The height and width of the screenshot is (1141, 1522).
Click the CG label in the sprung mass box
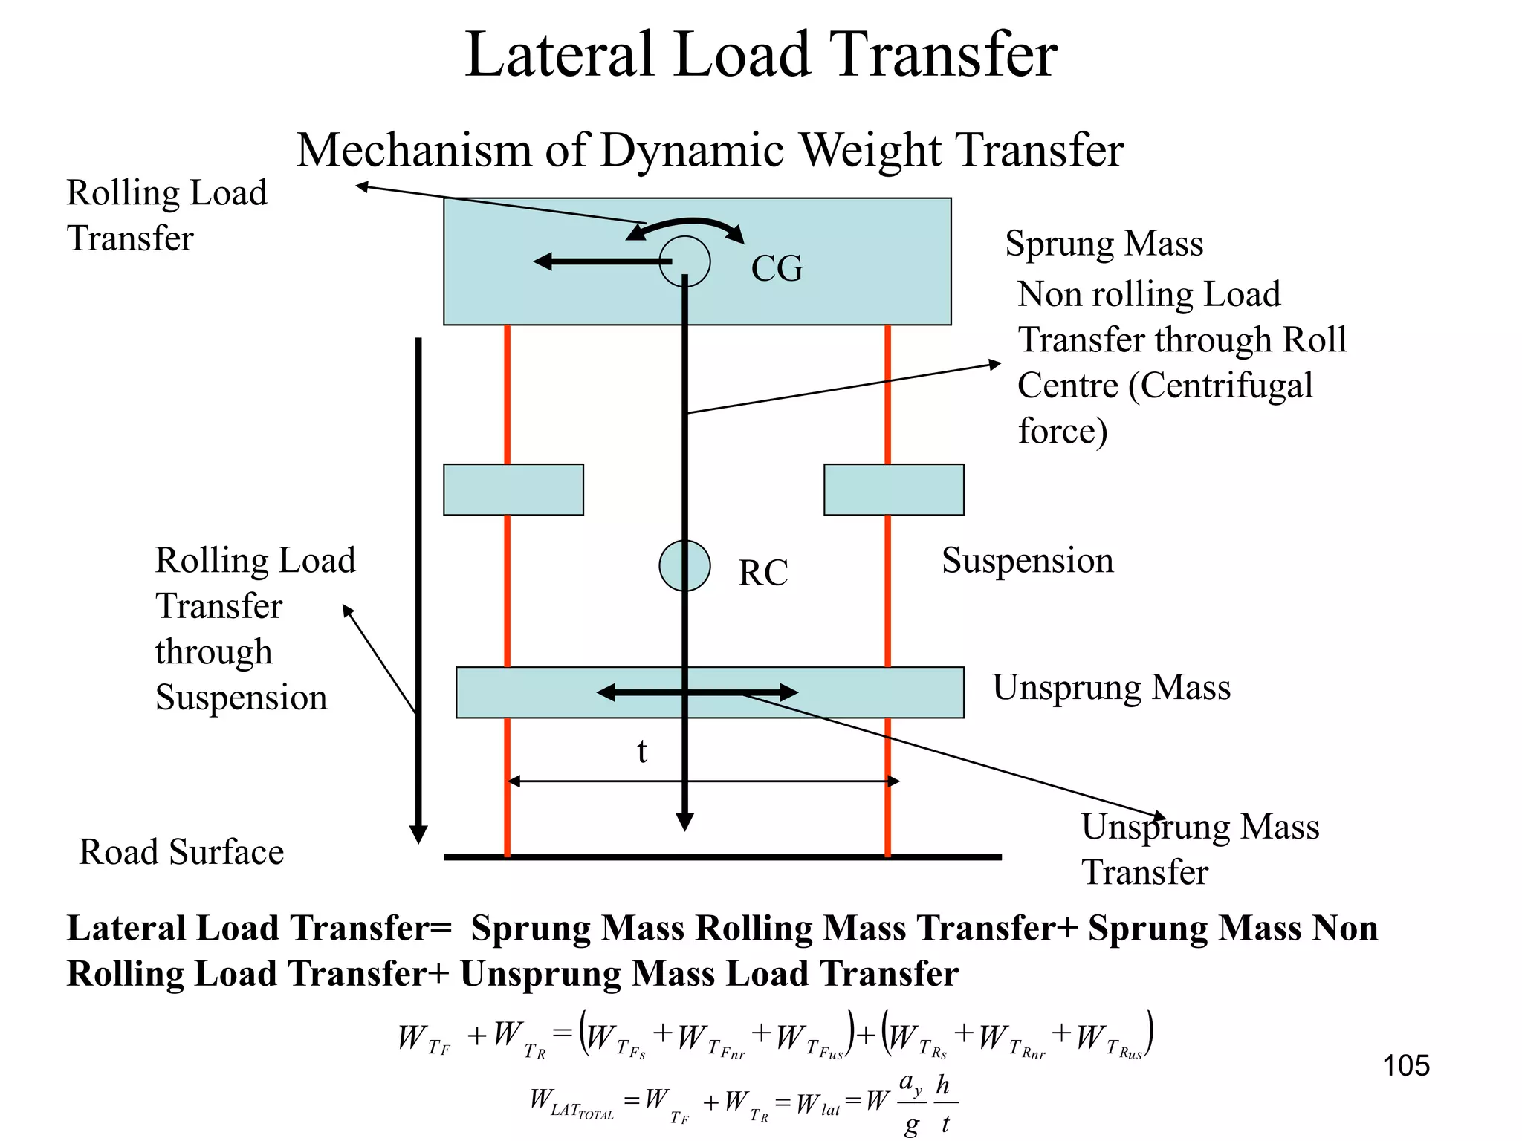[777, 269]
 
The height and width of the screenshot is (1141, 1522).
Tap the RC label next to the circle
[762, 573]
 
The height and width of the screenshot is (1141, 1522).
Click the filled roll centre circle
[684, 566]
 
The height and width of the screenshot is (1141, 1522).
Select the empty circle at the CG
[685, 261]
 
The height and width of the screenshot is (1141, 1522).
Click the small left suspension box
[513, 490]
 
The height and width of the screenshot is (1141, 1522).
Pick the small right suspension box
[893, 490]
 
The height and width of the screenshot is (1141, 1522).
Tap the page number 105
[1405, 1066]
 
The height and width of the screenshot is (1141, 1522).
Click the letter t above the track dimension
[642, 752]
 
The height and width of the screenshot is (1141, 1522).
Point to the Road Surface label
[181, 852]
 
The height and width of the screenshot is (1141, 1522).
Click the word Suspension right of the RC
[1027, 561]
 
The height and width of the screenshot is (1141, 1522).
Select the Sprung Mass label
[1104, 244]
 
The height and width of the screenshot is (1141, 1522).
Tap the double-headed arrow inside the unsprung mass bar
[697, 693]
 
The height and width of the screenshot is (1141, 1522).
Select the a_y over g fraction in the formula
[912, 1104]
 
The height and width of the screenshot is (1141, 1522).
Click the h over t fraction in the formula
[944, 1104]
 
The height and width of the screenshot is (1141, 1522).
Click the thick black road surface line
[721, 857]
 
